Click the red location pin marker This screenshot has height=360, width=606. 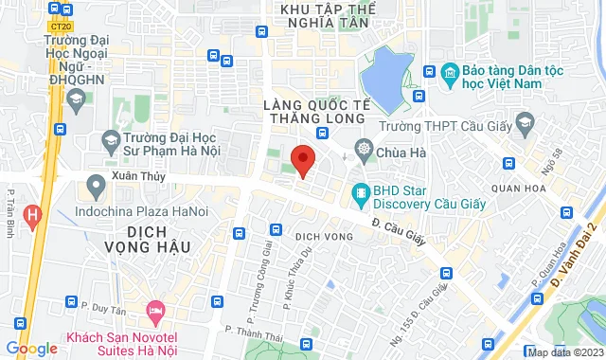coord(302,160)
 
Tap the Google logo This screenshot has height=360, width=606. coord(31,350)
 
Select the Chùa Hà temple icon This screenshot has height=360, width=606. coord(364,149)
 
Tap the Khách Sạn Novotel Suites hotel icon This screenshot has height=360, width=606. coord(155,311)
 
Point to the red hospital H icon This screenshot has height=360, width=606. coord(33,216)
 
